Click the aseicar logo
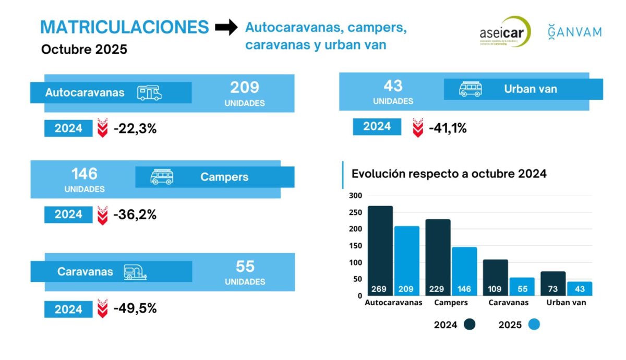[x=504, y=31]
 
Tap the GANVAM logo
[x=574, y=31]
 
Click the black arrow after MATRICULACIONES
[x=226, y=28]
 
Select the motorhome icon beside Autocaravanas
[x=149, y=93]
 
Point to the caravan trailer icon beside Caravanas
[x=135, y=272]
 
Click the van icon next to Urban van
[x=470, y=89]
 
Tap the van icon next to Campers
[x=162, y=177]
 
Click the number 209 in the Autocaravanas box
[x=245, y=87]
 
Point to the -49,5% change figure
[x=135, y=308]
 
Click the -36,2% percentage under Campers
[x=135, y=214]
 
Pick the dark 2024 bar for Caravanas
[x=495, y=277]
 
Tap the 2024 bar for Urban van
[x=553, y=283]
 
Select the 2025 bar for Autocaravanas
[x=407, y=260]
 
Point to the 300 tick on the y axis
[x=355, y=196]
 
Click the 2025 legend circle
[x=533, y=325]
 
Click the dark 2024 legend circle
[x=469, y=325]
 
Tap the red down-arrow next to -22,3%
[x=103, y=128]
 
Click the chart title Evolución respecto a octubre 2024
[x=449, y=174]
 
